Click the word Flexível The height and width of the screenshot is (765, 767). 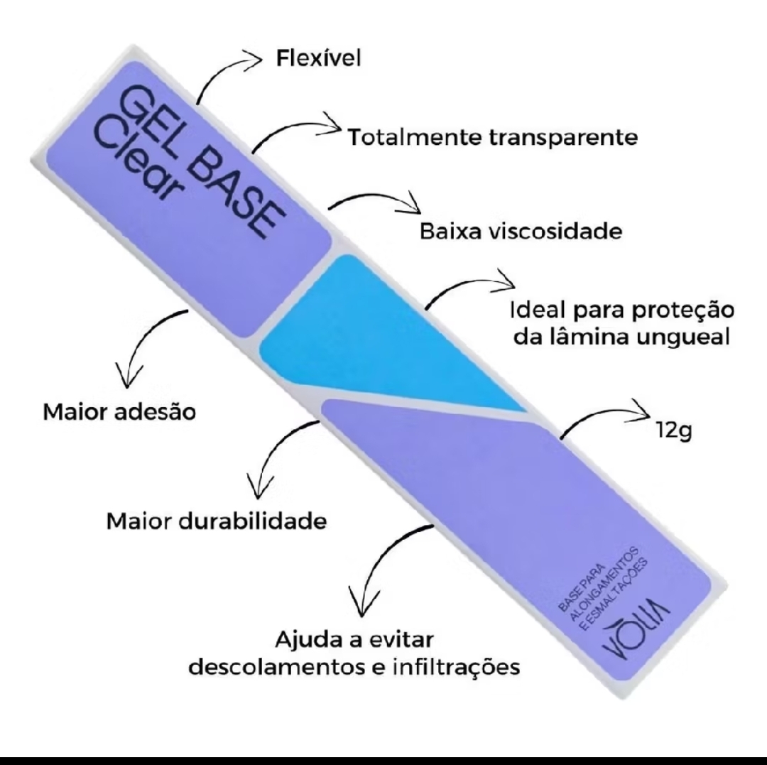coord(319,58)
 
